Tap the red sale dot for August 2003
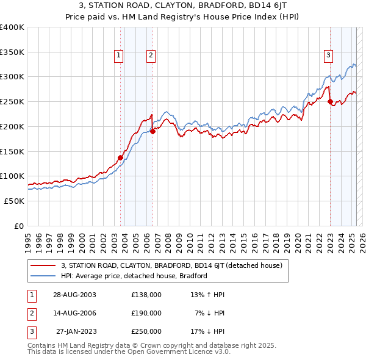(120, 157)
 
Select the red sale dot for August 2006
(152, 131)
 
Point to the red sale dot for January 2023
(330, 102)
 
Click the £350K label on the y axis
(12, 52)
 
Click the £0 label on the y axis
(18, 226)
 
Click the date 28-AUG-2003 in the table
(75, 295)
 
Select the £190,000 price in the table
(146, 313)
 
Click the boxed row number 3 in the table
(30, 331)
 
